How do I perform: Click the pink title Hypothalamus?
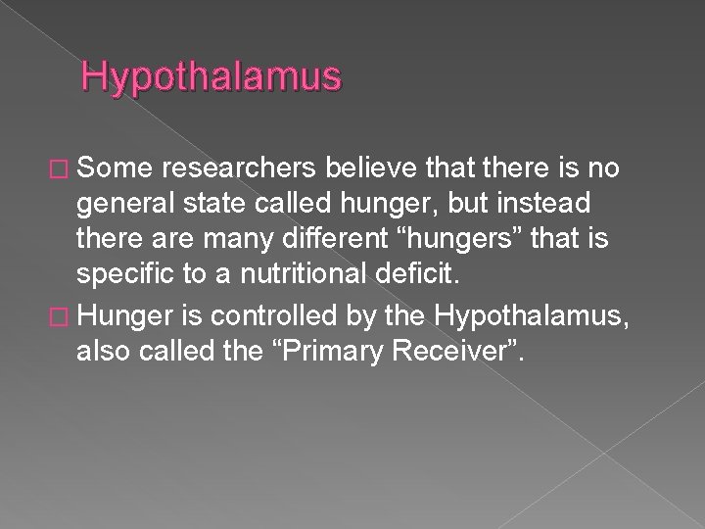point(211,77)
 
